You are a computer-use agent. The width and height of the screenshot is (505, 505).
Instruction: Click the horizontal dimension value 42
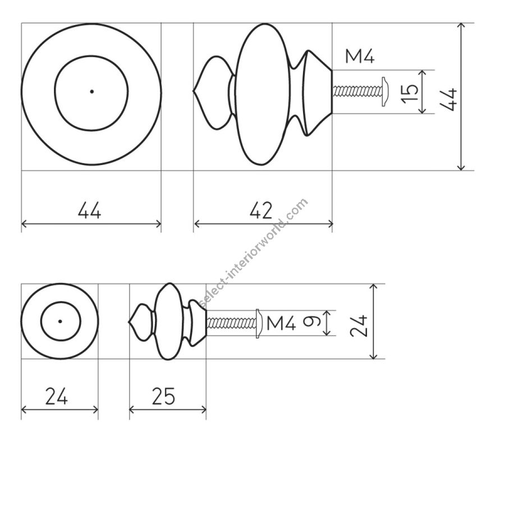pyautogui.click(x=261, y=210)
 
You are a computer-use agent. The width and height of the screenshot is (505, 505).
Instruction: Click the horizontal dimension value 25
pyautogui.click(x=163, y=396)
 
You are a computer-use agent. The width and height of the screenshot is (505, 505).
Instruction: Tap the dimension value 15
pyautogui.click(x=410, y=93)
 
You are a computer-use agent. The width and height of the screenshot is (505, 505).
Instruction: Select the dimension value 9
pyautogui.click(x=311, y=321)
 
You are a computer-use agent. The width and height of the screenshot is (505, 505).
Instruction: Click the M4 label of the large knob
pyautogui.click(x=360, y=56)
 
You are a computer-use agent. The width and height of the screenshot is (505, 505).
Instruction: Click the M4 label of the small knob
pyautogui.click(x=281, y=323)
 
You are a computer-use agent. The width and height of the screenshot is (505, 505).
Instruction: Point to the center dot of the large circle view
pyautogui.click(x=92, y=91)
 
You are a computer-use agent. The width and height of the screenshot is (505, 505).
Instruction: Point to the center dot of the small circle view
pyautogui.click(x=60, y=321)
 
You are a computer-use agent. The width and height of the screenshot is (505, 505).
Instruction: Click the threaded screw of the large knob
pyautogui.click(x=357, y=91)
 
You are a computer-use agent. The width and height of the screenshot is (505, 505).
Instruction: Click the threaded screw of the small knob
pyautogui.click(x=231, y=323)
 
